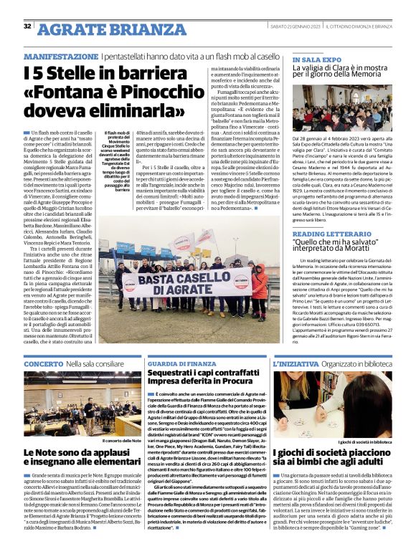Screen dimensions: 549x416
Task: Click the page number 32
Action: click(27, 27)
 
